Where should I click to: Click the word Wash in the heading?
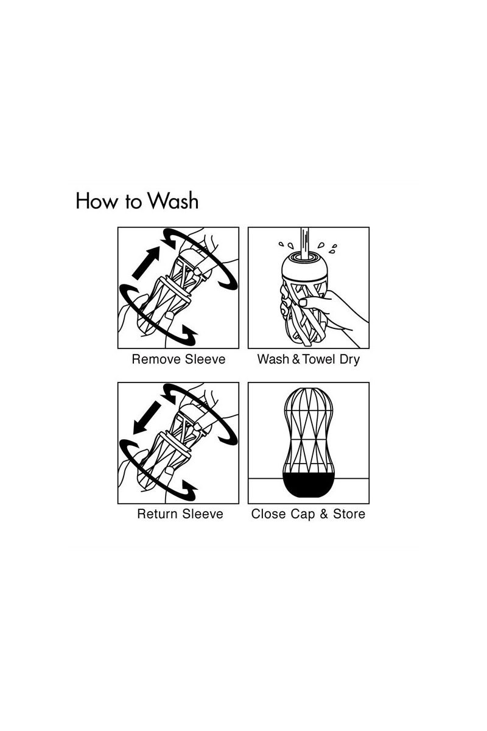click(x=172, y=200)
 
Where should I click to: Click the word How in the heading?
click(x=96, y=200)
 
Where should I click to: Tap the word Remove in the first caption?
click(x=156, y=359)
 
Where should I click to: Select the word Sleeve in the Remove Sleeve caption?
click(x=205, y=359)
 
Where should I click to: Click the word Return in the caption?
click(x=158, y=514)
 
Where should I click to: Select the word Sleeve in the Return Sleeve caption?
click(x=203, y=514)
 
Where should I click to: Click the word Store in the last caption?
click(x=349, y=514)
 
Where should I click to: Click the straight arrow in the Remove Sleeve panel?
click(x=146, y=263)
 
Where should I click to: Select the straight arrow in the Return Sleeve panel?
click(x=147, y=418)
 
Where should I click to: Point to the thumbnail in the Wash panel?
click(x=303, y=303)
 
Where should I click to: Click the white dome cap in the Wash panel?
click(x=304, y=267)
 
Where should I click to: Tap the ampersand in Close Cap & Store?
click(x=324, y=514)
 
